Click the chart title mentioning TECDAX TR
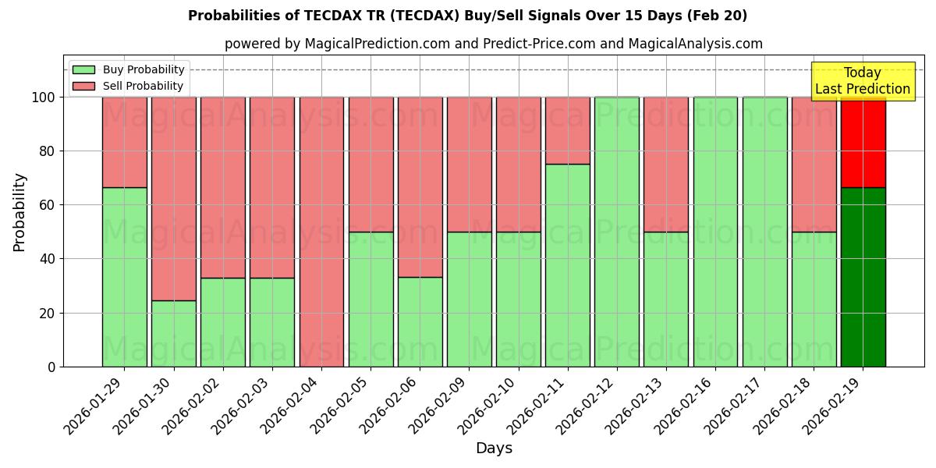(x=467, y=16)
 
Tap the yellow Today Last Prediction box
(x=862, y=81)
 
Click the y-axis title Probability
(x=19, y=212)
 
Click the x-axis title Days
(x=494, y=448)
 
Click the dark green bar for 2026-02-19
(x=863, y=277)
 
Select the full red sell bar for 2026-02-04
(x=321, y=232)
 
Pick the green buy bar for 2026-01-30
(x=173, y=333)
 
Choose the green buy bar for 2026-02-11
(x=567, y=265)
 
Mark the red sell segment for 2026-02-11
(x=567, y=130)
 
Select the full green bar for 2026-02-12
(x=616, y=232)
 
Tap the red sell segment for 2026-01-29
(x=124, y=142)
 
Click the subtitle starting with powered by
(x=494, y=44)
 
